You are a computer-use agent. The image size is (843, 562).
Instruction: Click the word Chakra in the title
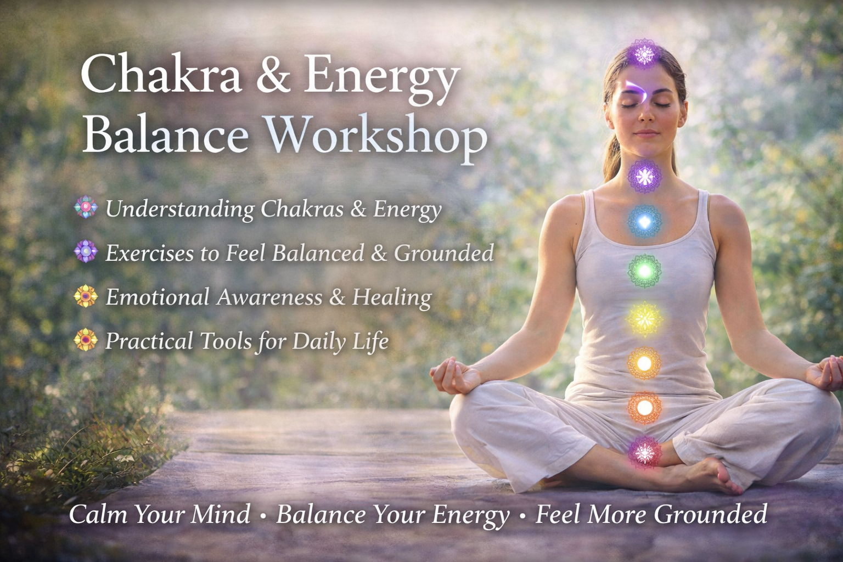[161, 75]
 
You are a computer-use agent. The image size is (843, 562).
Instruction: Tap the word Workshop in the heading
[376, 137]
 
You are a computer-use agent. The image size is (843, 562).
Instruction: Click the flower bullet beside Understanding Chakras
[86, 207]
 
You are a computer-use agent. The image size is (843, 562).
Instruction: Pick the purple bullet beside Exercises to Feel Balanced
[86, 251]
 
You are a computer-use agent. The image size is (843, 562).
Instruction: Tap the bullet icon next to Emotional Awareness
[86, 296]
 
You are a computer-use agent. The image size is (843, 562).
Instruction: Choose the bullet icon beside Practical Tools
[86, 340]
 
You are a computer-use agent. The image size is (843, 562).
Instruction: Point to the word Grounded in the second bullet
[444, 252]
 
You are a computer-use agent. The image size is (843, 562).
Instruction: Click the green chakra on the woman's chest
[645, 270]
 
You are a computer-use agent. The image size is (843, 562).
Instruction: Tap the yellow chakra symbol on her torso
[645, 319]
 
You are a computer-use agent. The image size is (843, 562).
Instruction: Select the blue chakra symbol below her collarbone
[645, 221]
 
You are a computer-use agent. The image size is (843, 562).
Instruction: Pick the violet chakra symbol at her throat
[645, 176]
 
